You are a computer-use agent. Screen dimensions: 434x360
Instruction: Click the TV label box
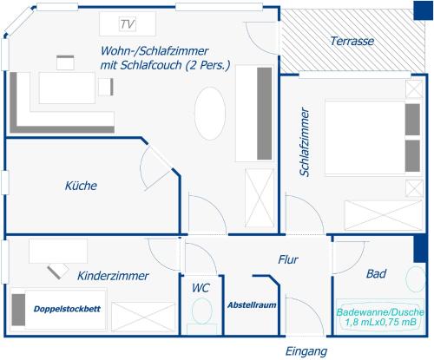[x=128, y=24]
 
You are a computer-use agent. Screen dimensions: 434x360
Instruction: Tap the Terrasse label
[x=352, y=41]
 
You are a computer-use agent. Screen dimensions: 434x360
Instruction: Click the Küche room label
[x=81, y=186]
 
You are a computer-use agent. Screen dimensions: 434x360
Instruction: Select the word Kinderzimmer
[x=113, y=276]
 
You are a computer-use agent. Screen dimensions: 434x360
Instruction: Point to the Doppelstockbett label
[x=67, y=309]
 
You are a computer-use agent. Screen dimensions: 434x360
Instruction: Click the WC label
[x=201, y=288]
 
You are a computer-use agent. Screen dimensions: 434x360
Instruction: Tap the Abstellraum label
[x=252, y=305]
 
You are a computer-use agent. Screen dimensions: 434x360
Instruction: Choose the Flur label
[x=288, y=259]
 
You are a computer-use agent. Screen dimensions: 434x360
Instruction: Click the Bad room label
[x=376, y=273]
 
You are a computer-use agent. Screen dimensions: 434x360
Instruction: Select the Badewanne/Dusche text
[x=380, y=312]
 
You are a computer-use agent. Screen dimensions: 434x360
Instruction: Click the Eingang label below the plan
[x=306, y=352]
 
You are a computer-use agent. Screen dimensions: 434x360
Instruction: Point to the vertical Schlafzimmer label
[x=305, y=141]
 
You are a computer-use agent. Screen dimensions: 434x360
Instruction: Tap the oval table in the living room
[x=210, y=114]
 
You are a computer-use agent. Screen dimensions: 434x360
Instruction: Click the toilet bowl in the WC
[x=202, y=311]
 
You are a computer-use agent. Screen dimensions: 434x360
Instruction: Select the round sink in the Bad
[x=416, y=279]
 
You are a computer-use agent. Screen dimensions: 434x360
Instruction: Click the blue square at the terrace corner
[x=423, y=10]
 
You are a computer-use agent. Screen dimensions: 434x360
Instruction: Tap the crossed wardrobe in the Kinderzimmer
[x=143, y=317]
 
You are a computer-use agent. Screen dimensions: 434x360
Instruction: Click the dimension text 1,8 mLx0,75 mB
[x=380, y=322]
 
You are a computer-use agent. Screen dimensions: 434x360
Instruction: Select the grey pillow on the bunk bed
[x=18, y=310]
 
